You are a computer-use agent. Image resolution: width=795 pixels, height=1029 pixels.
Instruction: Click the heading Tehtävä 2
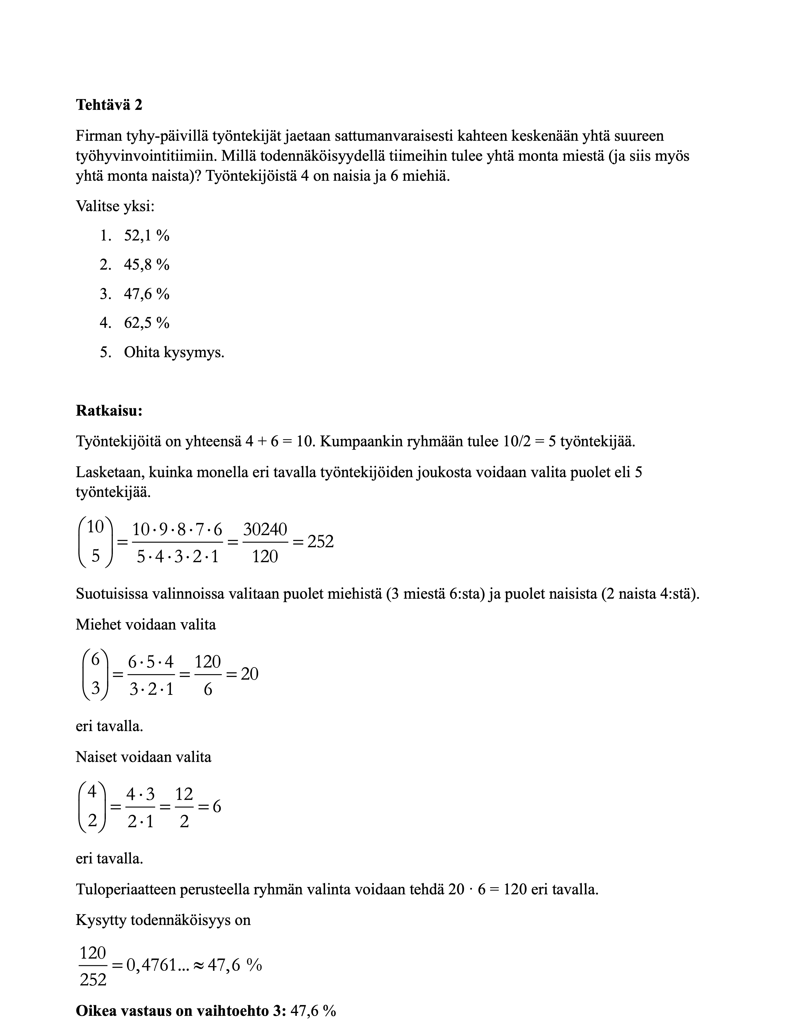point(109,105)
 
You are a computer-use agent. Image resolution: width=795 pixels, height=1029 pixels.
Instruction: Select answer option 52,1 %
point(146,236)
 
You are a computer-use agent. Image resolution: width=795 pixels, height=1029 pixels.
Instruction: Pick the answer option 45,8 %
point(146,265)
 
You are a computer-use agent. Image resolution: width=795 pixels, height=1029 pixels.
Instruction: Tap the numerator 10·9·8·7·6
point(177,530)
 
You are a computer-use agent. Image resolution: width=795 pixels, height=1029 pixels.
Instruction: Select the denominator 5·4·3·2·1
point(177,557)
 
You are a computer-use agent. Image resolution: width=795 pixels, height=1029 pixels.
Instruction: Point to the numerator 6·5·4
point(151,662)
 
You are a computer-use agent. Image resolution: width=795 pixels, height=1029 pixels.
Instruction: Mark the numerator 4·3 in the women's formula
point(141,794)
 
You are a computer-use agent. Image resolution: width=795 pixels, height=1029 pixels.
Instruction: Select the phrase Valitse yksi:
point(115,206)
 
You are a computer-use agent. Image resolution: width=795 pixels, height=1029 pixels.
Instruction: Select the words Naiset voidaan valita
point(143,757)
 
